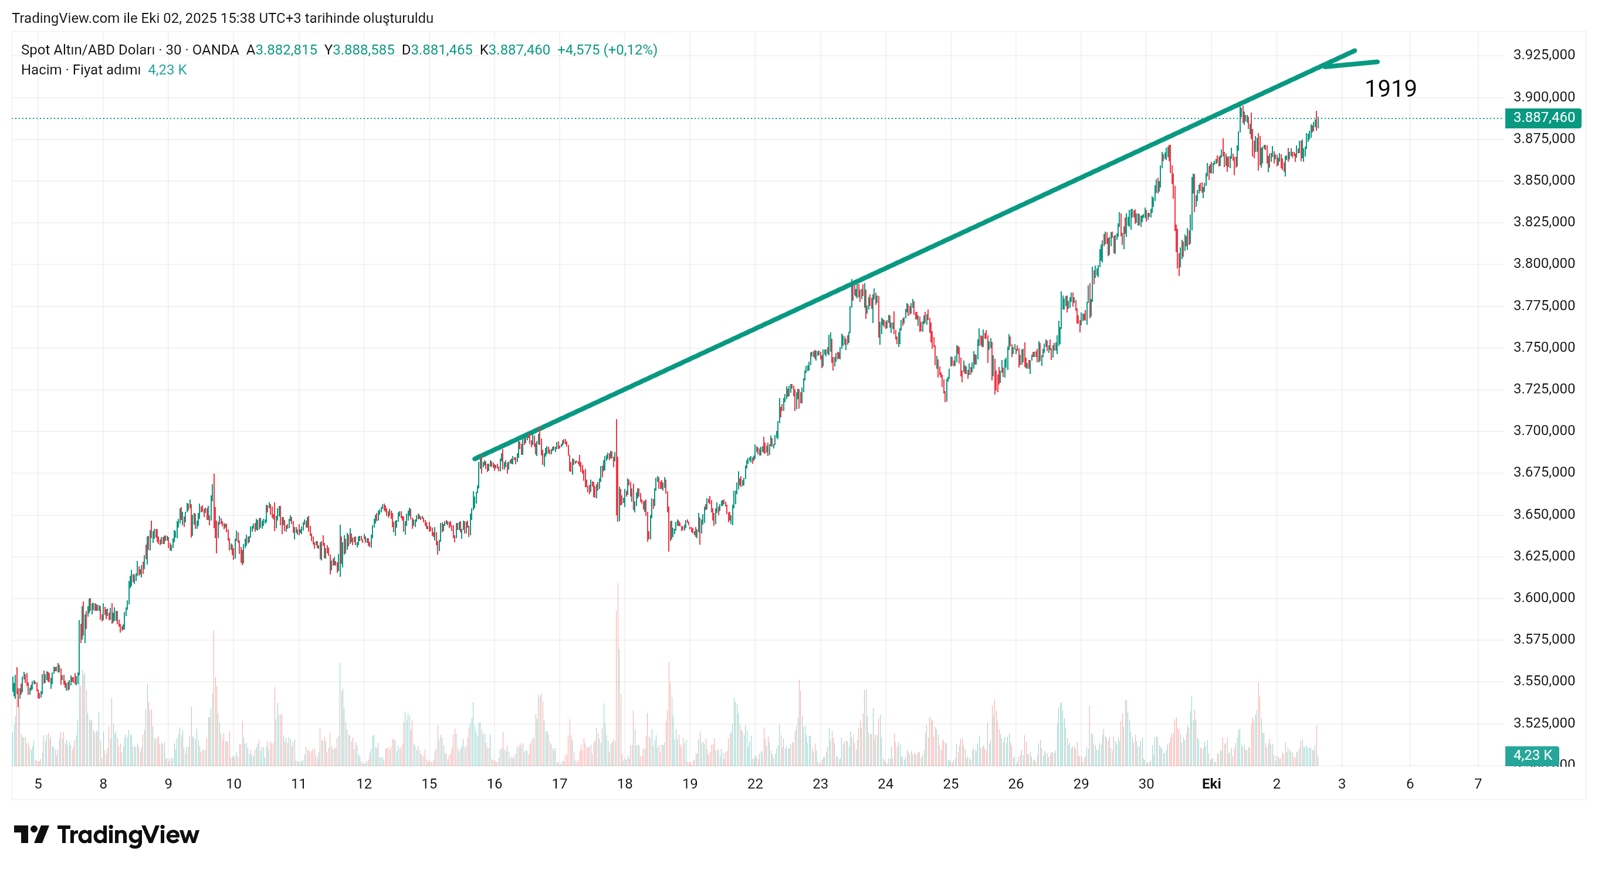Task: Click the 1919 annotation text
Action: point(1390,89)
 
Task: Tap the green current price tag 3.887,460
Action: point(1543,117)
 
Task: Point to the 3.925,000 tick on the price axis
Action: point(1543,55)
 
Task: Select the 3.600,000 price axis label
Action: point(1543,597)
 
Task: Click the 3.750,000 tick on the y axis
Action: point(1543,346)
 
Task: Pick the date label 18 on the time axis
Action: point(624,784)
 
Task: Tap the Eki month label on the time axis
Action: point(1211,784)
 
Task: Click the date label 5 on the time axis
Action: point(38,784)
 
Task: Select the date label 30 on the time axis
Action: point(1146,784)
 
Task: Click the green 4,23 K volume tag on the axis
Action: point(1531,755)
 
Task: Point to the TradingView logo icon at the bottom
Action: point(31,835)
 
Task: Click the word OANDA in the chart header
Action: point(215,50)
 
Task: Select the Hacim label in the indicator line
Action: point(41,69)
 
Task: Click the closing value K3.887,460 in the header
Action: point(514,50)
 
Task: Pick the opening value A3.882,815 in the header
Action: point(282,50)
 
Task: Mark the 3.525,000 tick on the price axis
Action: point(1543,722)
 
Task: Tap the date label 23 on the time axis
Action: point(820,784)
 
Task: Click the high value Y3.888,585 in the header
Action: point(359,50)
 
